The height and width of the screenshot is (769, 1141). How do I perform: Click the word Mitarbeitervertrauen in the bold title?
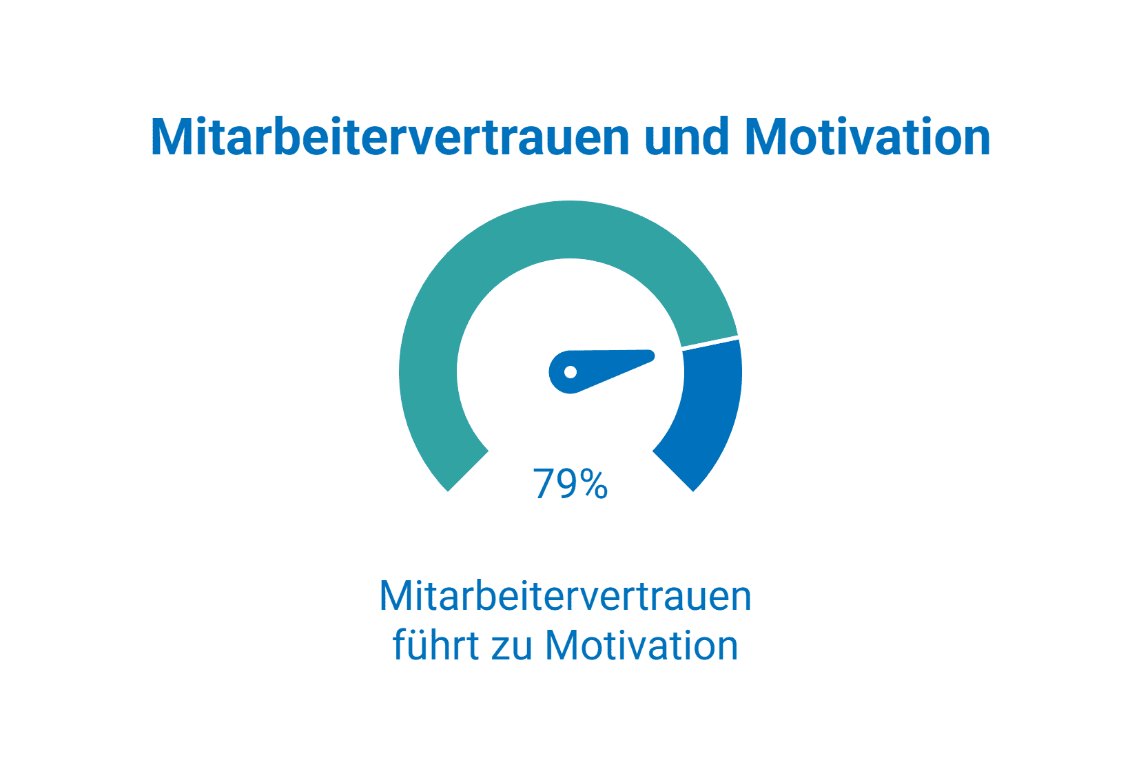coord(389,137)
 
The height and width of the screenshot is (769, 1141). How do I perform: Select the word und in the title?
coord(686,137)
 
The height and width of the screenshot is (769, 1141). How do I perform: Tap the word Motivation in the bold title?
coord(867,137)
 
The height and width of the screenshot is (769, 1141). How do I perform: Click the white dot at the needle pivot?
coord(570,372)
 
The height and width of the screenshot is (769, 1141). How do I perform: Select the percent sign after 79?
coord(593,484)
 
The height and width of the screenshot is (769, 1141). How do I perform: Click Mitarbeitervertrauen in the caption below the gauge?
coord(565,596)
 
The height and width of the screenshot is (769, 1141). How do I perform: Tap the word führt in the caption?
coord(435,646)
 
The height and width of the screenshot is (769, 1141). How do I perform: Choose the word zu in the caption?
coord(511,646)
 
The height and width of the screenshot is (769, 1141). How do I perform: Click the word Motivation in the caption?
coord(641,646)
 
